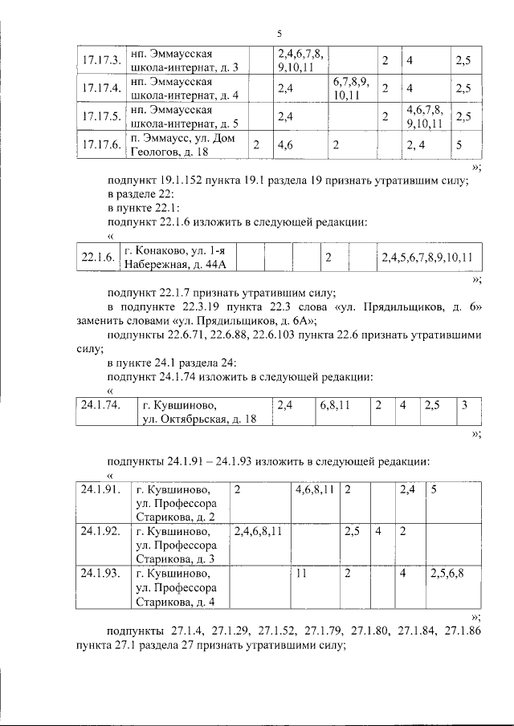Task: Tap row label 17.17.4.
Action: (101, 88)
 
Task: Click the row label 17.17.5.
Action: (101, 116)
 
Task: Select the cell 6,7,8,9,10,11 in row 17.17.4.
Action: (351, 88)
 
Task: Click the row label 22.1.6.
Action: (96, 258)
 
